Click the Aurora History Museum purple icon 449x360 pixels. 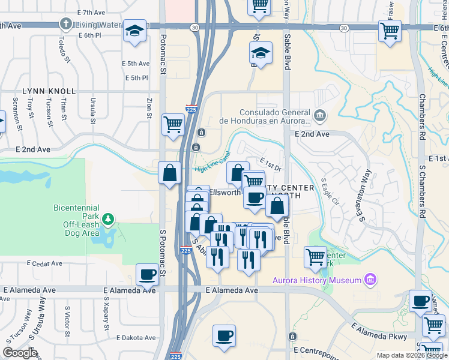coord(371,280)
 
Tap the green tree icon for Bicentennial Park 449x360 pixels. coord(108,218)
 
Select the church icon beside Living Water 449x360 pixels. coord(65,25)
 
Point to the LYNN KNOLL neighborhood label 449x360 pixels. coord(49,91)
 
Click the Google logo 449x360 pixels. coord(20,353)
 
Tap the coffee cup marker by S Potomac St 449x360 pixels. coord(147,275)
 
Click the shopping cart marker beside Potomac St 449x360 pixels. coord(173,124)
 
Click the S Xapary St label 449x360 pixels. coord(106,308)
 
